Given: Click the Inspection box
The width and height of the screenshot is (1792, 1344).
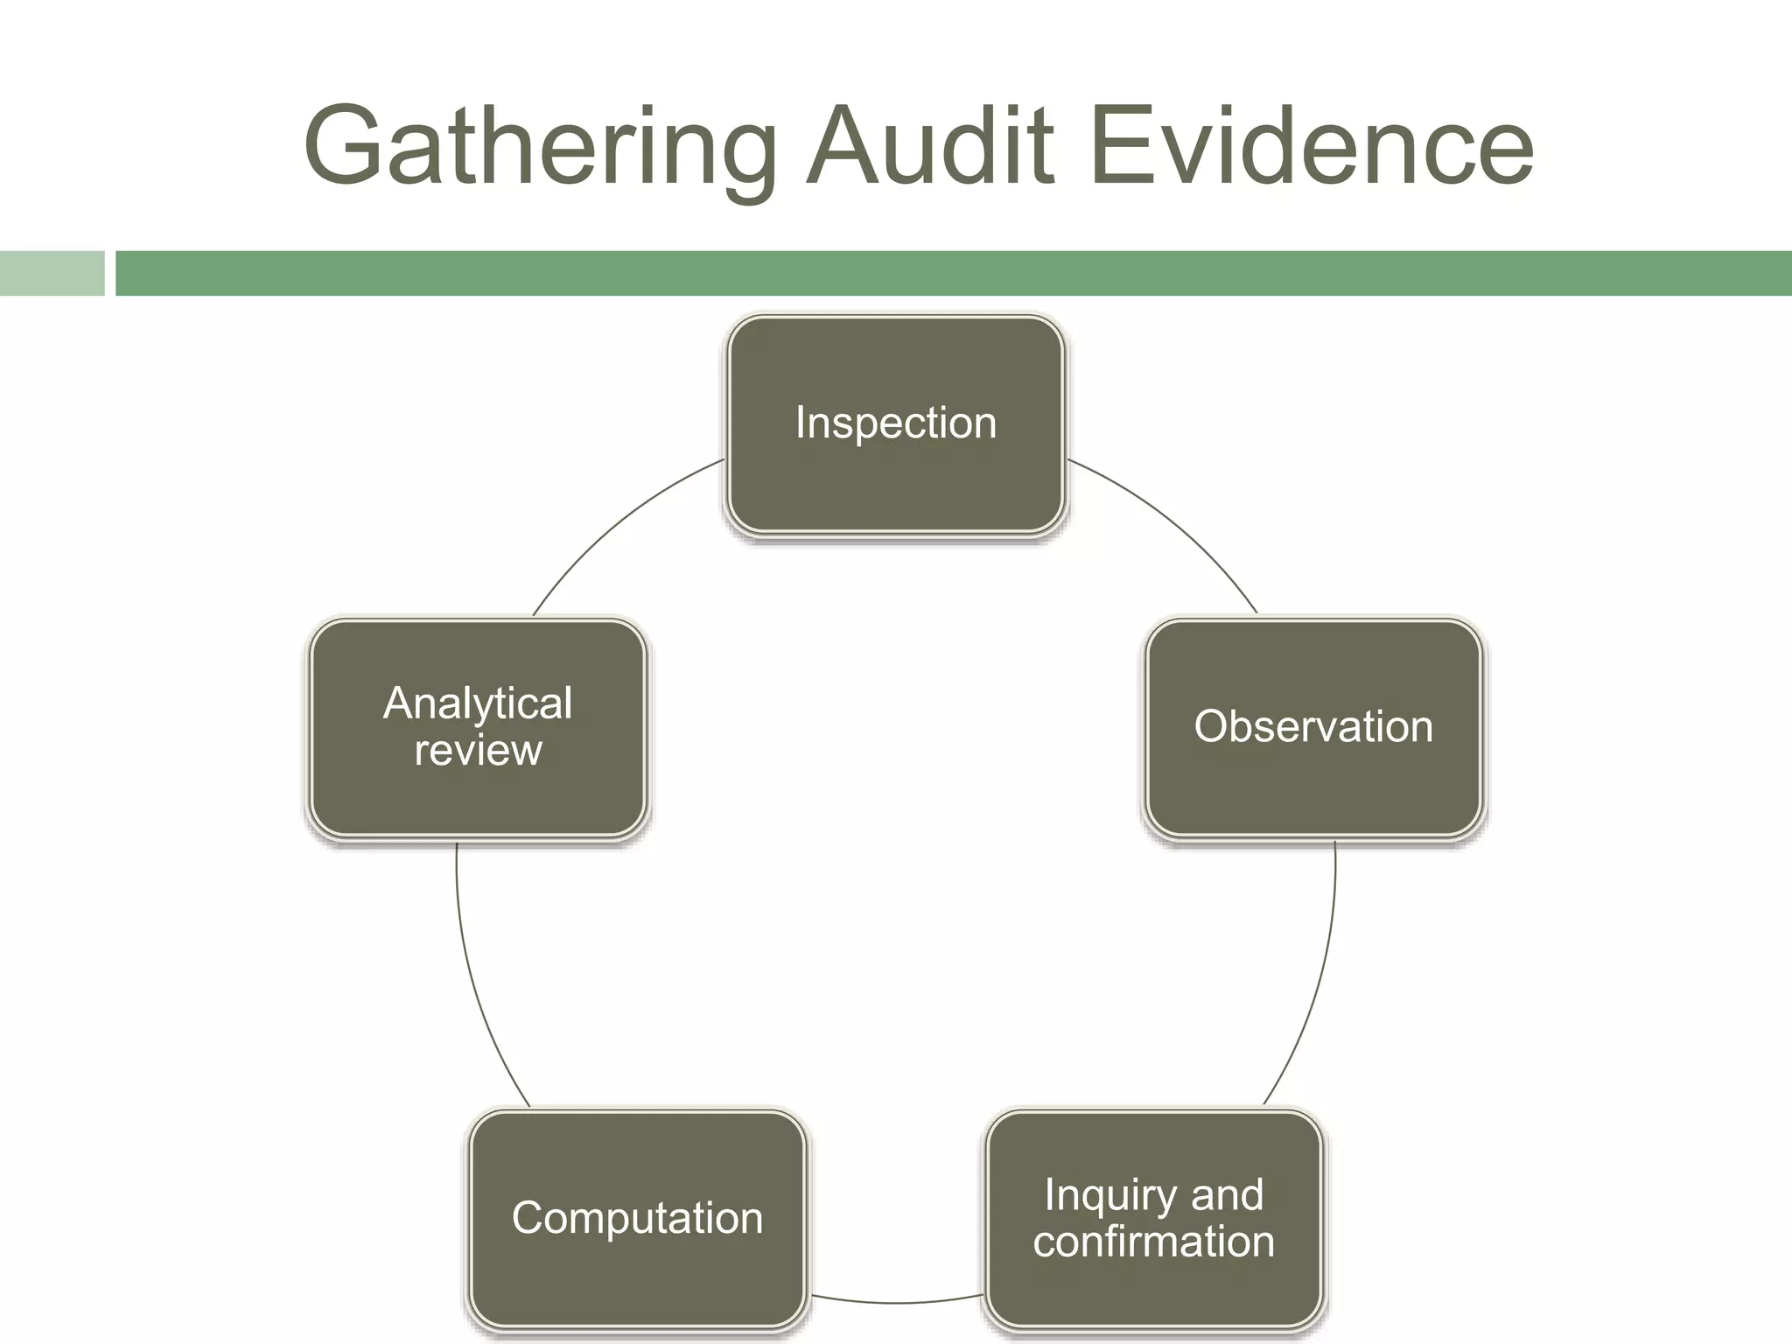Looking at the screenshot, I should [895, 423].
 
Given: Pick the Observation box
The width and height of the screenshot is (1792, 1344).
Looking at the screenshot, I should [1313, 727].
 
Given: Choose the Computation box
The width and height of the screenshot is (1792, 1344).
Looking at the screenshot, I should [637, 1218].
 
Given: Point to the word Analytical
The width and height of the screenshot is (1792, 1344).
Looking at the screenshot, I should [478, 703].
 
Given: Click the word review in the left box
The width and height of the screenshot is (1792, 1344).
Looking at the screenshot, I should [478, 751].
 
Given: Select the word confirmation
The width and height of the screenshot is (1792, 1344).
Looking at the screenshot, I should [1153, 1242].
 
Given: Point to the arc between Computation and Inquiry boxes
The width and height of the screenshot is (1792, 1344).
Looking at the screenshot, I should [895, 1302].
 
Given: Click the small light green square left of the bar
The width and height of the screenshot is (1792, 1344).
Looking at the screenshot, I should [52, 273].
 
